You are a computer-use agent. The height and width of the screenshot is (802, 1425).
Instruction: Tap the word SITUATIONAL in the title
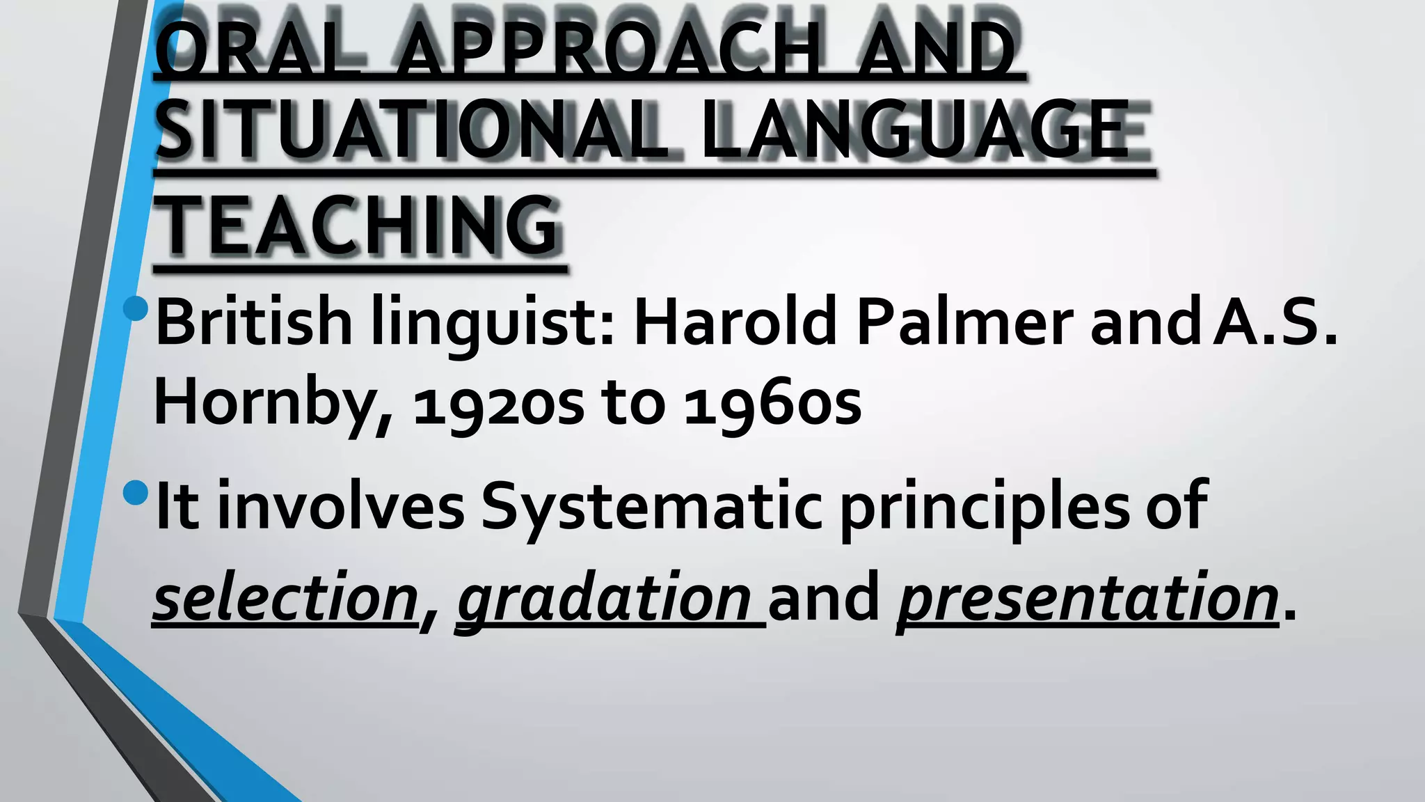coord(411,130)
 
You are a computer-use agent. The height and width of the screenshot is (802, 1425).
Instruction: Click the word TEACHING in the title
coord(358,225)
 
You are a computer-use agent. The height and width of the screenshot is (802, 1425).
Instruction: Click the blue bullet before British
coord(135,308)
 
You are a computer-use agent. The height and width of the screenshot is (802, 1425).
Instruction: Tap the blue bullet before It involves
coord(135,493)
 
